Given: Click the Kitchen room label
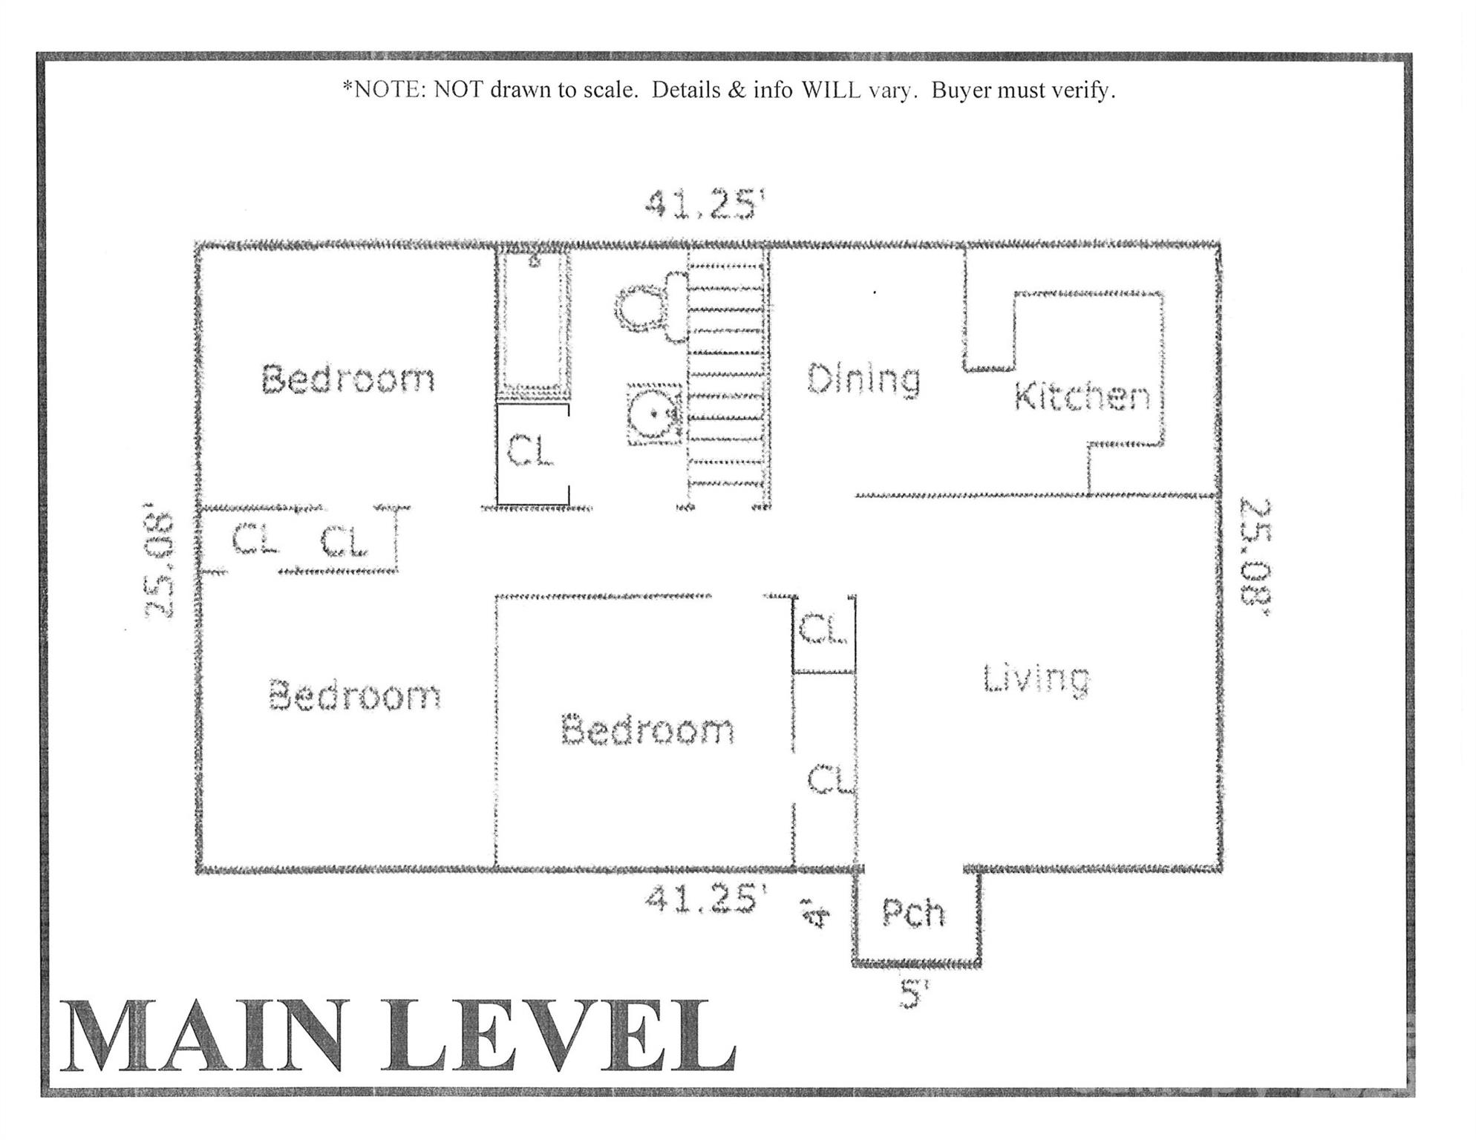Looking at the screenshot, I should pyautogui.click(x=1082, y=396).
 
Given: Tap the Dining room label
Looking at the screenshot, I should pyautogui.click(x=863, y=379).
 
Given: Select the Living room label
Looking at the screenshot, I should pyautogui.click(x=1036, y=678).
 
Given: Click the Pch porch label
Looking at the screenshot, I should pyautogui.click(x=914, y=912).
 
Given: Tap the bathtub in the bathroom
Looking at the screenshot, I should pyautogui.click(x=533, y=323).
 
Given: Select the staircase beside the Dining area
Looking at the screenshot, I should pyautogui.click(x=726, y=379).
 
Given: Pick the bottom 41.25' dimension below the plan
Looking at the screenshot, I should pyautogui.click(x=704, y=900).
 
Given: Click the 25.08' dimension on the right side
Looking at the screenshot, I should pyautogui.click(x=1256, y=557).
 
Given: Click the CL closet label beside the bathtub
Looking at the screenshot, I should pyautogui.click(x=531, y=451).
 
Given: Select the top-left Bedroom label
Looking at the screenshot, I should pyautogui.click(x=347, y=379).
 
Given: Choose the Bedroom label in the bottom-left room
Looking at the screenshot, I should pyautogui.click(x=354, y=696).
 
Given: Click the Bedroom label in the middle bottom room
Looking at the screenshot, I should pyautogui.click(x=647, y=730).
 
